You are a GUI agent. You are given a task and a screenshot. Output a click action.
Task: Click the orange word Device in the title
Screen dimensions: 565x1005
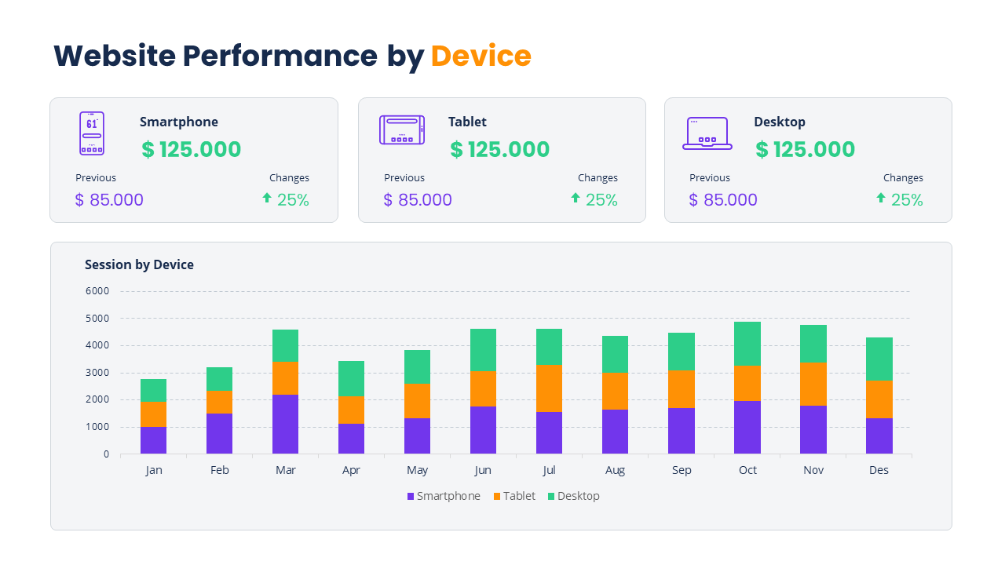tap(481, 56)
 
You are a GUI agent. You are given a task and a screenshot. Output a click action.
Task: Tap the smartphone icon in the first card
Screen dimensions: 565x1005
tap(92, 133)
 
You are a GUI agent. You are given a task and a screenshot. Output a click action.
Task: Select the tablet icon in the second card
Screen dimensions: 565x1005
tap(401, 129)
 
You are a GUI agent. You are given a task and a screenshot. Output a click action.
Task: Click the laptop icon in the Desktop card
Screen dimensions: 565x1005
tap(707, 133)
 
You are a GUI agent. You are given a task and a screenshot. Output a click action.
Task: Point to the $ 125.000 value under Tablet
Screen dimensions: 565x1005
tap(499, 150)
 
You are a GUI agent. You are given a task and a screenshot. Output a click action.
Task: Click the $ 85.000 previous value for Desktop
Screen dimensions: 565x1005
tap(722, 200)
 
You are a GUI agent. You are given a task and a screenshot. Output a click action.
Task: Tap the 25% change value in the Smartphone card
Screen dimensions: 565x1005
tap(293, 200)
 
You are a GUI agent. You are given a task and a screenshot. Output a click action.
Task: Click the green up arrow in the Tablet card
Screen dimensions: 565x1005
tap(575, 198)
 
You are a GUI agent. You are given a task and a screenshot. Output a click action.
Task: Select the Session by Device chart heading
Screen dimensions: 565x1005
tap(139, 264)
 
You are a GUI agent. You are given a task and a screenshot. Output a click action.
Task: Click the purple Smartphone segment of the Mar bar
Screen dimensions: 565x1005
tap(285, 424)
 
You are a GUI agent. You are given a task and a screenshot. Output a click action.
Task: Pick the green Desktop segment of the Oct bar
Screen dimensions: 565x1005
tap(747, 343)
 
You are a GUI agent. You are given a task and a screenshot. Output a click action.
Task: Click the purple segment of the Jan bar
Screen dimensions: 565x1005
tap(153, 440)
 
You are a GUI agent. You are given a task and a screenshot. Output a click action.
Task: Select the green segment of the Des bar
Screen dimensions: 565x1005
tap(879, 359)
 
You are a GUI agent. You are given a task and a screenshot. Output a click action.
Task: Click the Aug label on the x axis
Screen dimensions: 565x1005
tap(615, 470)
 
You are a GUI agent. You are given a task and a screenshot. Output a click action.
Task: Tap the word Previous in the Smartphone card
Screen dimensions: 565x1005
tap(96, 178)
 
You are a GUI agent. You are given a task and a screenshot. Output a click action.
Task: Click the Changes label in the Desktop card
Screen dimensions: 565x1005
tap(903, 178)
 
